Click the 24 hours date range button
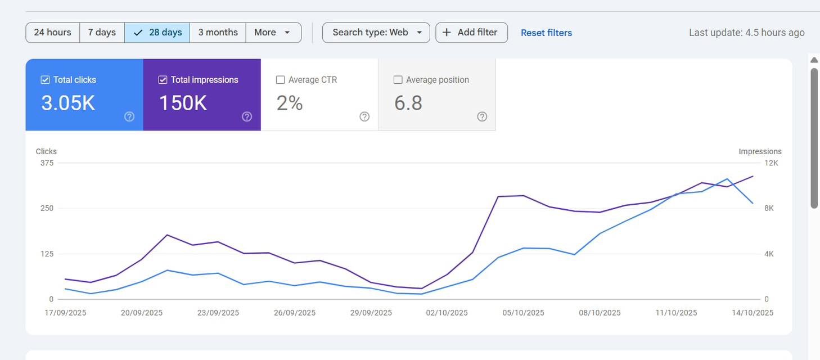tap(53, 33)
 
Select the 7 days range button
tap(102, 33)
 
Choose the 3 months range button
tap(218, 33)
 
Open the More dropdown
tap(273, 33)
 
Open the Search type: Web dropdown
tap(376, 33)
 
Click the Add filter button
tap(471, 33)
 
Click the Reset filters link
tap(546, 33)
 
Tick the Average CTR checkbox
tap(281, 80)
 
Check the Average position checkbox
tap(398, 80)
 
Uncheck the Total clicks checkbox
tap(45, 80)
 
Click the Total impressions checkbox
tap(163, 80)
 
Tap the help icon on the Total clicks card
tap(129, 116)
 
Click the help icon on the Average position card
tap(482, 116)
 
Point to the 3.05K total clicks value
tap(68, 103)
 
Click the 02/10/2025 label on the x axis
tap(447, 313)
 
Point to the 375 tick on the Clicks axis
tap(47, 163)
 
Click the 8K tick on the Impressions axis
tap(769, 208)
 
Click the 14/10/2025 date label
tap(753, 313)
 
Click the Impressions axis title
tap(760, 151)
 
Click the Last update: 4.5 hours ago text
tap(747, 33)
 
